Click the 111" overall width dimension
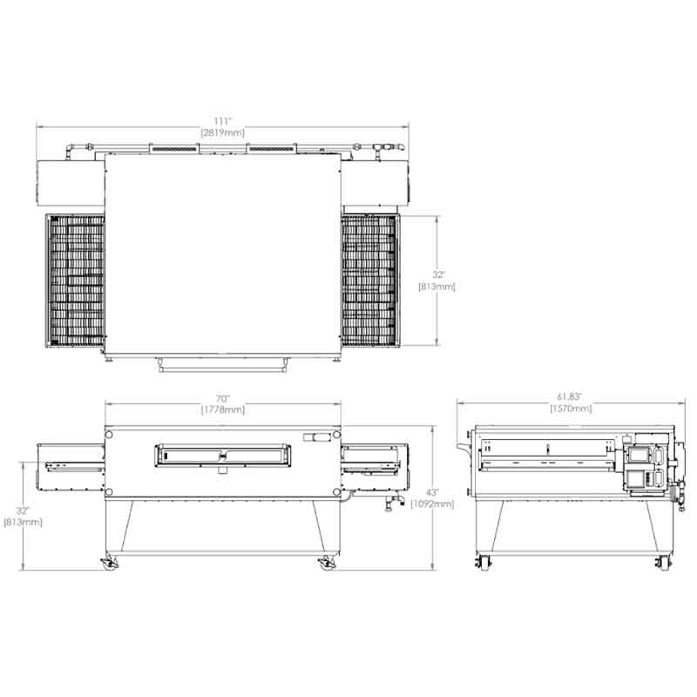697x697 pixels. (223, 121)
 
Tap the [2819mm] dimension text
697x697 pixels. (223, 133)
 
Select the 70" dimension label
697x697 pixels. (223, 398)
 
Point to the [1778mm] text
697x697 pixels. (223, 409)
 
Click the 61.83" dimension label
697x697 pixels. (570, 396)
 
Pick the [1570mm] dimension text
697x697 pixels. (571, 408)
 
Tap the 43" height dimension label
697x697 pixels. (432, 492)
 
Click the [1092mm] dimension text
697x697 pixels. (432, 504)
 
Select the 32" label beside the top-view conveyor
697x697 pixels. (439, 275)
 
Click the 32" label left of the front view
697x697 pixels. (23, 511)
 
